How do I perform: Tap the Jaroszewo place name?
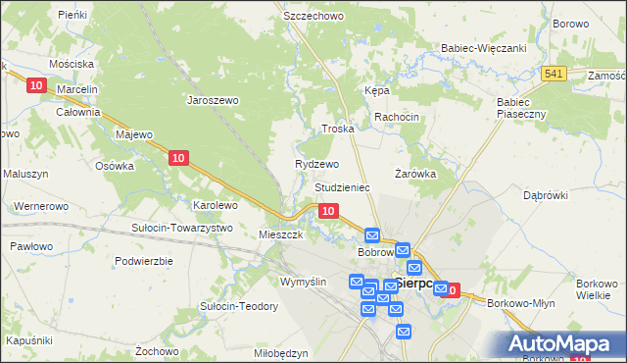[214, 99]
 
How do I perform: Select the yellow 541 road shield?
[555, 75]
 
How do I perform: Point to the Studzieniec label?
[342, 186]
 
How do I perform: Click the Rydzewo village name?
[316, 164]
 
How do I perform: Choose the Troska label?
[337, 130]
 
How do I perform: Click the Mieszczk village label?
[280, 235]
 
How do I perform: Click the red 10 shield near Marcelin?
[36, 86]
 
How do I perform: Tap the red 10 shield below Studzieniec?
[329, 211]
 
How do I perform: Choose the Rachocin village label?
[396, 117]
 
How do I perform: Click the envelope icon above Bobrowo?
[372, 235]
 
